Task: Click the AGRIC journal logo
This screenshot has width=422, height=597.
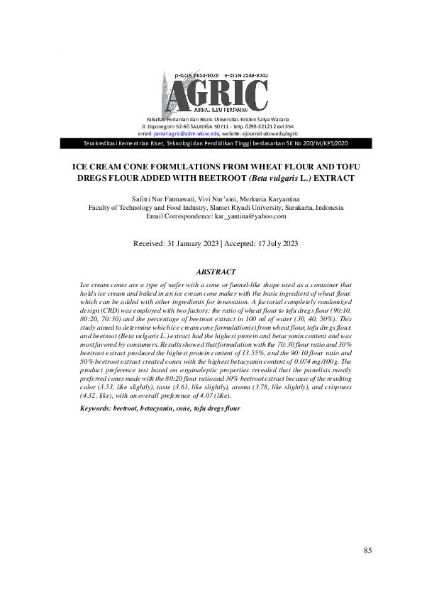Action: click(x=217, y=94)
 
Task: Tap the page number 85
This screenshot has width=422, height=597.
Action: click(x=367, y=551)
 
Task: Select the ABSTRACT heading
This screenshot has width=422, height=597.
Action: click(x=216, y=272)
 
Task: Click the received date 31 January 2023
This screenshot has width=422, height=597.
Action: click(x=189, y=243)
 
